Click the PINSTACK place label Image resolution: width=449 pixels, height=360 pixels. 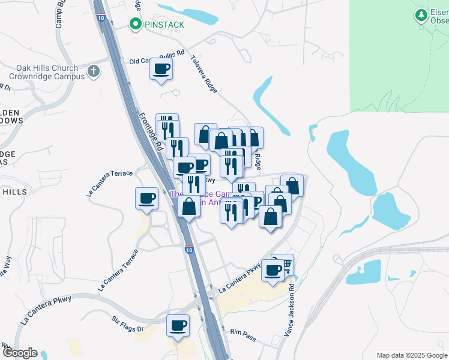(x=163, y=25)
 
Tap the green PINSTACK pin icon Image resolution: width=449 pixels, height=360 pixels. (x=136, y=25)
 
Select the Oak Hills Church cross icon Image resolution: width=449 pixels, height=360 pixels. (x=93, y=72)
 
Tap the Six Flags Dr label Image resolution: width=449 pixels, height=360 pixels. (x=128, y=325)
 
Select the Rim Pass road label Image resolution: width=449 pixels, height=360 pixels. (x=243, y=335)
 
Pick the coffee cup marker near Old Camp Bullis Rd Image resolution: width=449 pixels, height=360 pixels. (x=161, y=70)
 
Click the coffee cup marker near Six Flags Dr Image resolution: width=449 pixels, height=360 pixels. (x=178, y=326)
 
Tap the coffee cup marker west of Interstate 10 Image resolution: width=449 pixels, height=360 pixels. (x=147, y=199)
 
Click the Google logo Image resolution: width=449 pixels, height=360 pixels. (x=20, y=353)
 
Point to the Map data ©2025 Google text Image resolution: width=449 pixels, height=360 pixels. (x=412, y=355)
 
